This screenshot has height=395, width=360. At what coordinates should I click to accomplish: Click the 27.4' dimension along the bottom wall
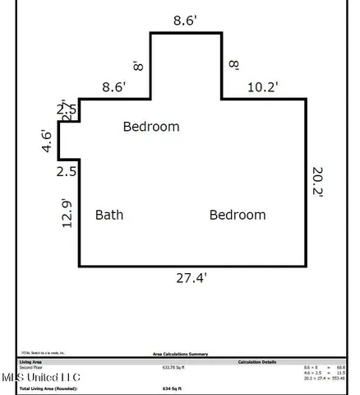190,278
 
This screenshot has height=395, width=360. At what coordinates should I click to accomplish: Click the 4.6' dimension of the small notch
48,141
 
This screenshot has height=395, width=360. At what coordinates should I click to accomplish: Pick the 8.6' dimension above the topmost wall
185,21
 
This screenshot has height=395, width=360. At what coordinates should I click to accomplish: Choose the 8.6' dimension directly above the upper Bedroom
114,85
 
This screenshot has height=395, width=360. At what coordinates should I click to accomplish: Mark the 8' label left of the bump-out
140,64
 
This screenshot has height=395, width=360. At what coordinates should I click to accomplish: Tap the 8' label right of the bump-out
233,64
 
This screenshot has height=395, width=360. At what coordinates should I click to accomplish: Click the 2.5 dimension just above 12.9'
67,172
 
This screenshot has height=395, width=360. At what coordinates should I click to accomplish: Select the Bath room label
109,215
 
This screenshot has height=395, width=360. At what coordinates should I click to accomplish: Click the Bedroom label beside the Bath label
238,215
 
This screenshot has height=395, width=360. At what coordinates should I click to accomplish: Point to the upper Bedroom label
151,127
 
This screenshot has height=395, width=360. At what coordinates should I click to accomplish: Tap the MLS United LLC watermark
40,377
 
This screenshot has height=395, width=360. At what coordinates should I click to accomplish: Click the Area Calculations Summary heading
180,354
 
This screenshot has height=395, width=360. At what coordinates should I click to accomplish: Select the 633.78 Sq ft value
174,367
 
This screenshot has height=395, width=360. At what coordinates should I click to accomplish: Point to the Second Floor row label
30,367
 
